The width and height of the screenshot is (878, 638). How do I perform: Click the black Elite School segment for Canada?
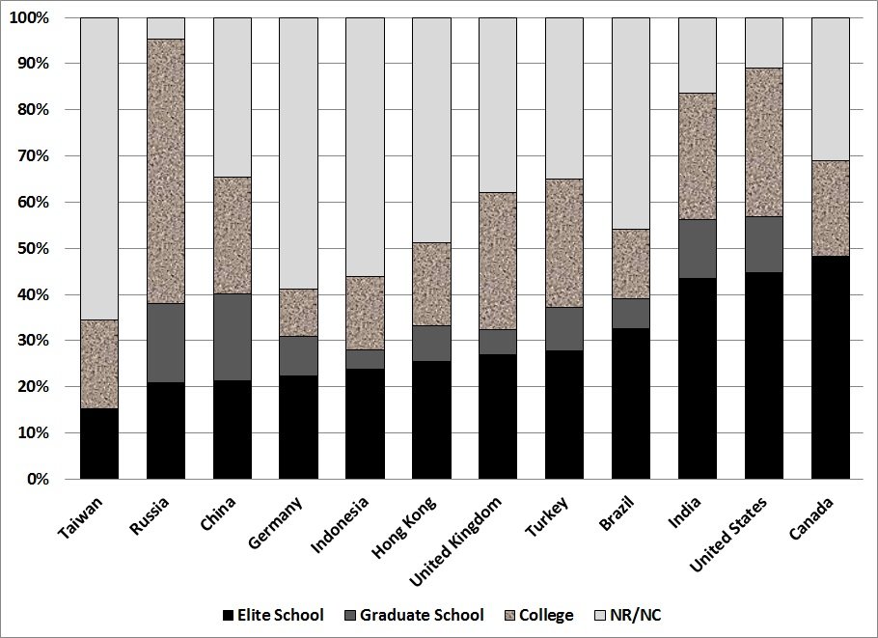(830, 367)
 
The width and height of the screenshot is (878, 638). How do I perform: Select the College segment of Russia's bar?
(165, 171)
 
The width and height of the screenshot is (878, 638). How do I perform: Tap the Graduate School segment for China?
(232, 337)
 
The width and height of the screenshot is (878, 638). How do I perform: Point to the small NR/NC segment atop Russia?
(165, 28)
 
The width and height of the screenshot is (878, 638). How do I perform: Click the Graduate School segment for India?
(697, 249)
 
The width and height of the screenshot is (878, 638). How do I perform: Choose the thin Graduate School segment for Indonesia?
(365, 359)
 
